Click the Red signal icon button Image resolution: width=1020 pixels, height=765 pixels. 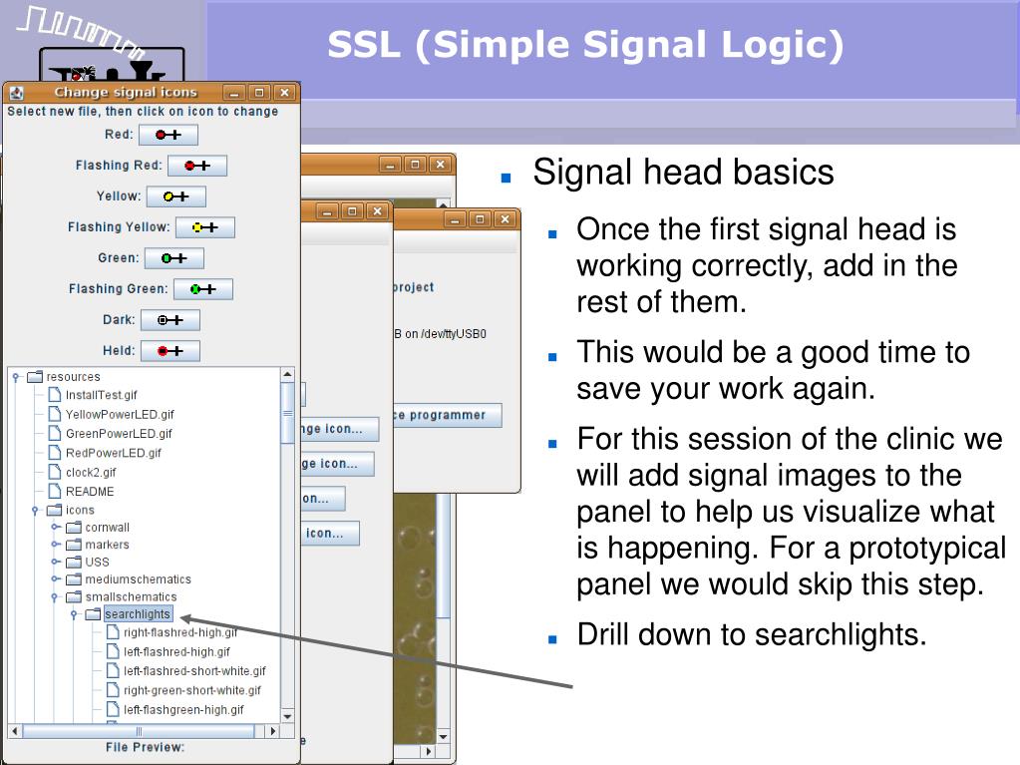(168, 135)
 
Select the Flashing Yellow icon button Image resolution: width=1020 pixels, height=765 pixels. (204, 227)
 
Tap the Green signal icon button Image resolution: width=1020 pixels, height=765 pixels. (173, 258)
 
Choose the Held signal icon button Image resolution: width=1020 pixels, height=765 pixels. (170, 351)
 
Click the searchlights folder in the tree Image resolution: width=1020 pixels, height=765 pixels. (137, 614)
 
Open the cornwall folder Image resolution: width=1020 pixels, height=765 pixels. (107, 527)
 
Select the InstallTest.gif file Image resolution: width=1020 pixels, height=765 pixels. (101, 395)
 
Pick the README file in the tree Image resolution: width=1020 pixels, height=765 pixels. (89, 491)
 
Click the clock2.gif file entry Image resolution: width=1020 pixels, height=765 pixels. (90, 472)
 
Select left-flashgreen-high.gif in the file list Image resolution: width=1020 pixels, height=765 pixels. (182, 710)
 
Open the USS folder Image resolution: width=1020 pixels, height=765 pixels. (97, 562)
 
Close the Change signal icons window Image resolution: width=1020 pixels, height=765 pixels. (285, 93)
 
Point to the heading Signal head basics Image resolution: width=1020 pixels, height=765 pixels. (683, 173)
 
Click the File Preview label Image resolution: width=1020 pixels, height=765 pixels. (146, 746)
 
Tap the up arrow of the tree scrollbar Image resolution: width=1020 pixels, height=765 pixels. (288, 375)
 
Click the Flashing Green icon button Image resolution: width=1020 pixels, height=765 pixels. (202, 289)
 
